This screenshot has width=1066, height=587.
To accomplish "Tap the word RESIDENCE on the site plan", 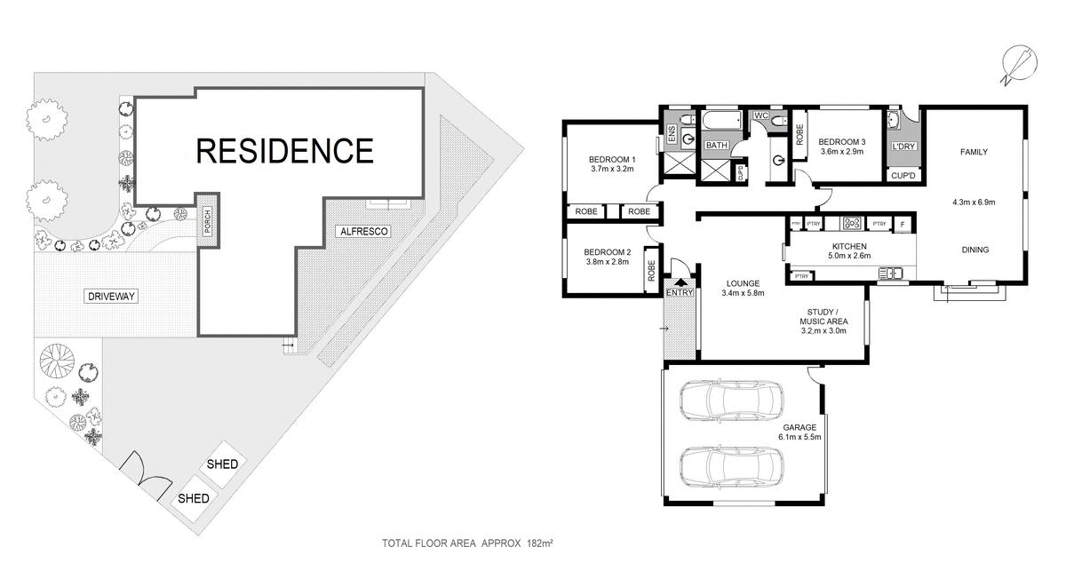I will [284, 150].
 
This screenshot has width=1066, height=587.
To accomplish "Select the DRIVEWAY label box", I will [112, 296].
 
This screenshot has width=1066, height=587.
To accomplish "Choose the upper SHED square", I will [222, 464].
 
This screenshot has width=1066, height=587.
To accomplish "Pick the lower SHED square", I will [194, 498].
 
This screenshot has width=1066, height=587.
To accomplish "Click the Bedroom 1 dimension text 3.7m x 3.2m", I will [612, 168].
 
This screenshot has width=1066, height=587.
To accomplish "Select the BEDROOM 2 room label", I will [609, 251].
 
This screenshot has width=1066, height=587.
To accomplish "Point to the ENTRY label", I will [679, 293].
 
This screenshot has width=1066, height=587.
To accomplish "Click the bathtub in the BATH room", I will [723, 120].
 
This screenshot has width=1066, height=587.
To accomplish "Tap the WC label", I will [760, 116].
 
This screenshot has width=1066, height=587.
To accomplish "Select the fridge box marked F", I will [903, 224].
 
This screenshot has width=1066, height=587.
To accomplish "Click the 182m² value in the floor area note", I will [540, 542].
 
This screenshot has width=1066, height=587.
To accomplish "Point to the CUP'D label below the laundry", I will [903, 176].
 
